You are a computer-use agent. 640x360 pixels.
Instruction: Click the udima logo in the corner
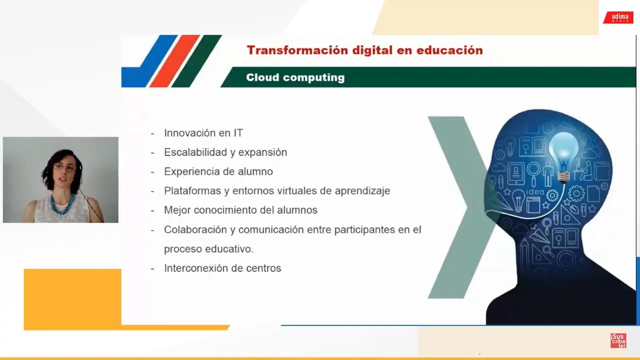click(x=618, y=17)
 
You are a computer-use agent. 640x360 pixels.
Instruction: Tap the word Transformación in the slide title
click(x=297, y=50)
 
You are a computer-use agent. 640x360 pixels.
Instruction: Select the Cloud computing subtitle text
click(x=295, y=77)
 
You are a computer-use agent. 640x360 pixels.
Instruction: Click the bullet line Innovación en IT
click(x=203, y=133)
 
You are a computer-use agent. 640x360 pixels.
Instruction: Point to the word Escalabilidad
click(x=195, y=152)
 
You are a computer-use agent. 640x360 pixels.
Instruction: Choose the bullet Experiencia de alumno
click(x=218, y=171)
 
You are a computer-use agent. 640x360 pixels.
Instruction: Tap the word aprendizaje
click(x=362, y=191)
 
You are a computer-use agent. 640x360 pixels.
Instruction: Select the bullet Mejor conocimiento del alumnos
click(x=241, y=210)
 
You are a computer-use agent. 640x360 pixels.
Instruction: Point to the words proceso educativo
click(x=209, y=249)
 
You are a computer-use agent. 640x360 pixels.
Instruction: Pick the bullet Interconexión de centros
click(x=222, y=268)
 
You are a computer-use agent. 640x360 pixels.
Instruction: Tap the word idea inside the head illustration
click(x=535, y=192)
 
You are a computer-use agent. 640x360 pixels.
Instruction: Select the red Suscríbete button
click(x=618, y=341)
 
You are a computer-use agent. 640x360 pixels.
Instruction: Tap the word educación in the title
click(x=449, y=50)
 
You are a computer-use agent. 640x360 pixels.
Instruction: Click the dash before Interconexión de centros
click(x=152, y=269)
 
